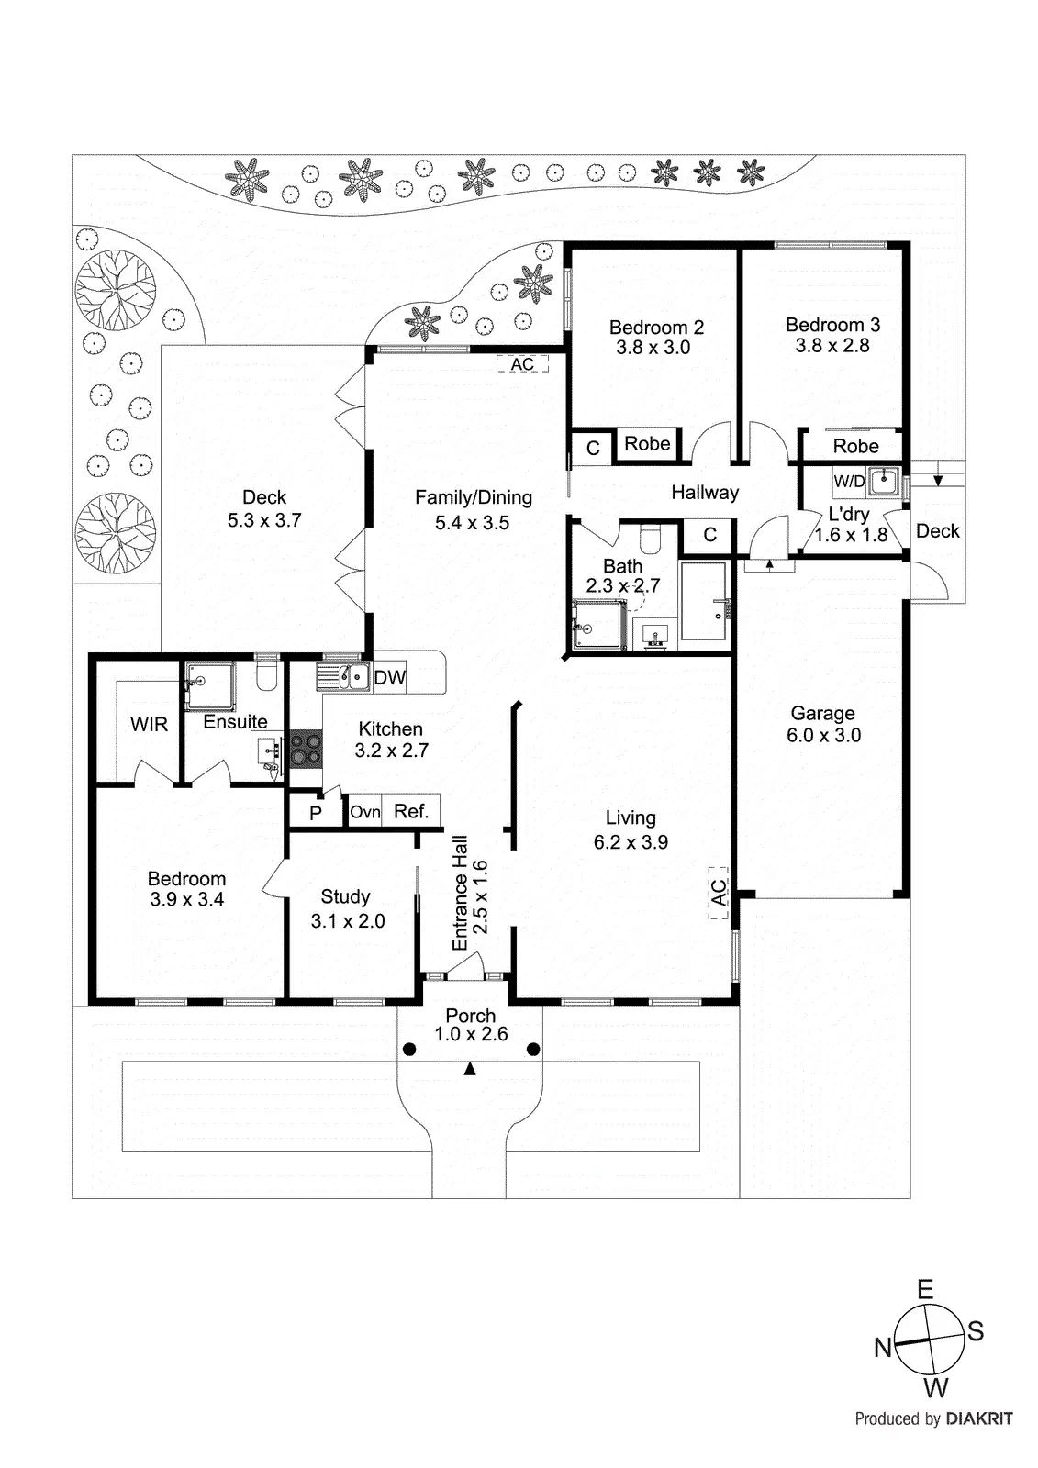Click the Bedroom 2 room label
click(x=656, y=327)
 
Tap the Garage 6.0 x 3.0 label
click(x=823, y=724)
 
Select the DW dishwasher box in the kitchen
click(x=389, y=677)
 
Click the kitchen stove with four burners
click(x=307, y=748)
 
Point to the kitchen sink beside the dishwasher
click(x=343, y=677)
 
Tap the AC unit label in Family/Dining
click(x=522, y=363)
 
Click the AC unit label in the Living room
click(x=720, y=893)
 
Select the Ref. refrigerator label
click(x=410, y=811)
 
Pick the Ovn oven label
click(x=364, y=812)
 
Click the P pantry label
click(x=316, y=813)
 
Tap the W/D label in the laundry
click(x=849, y=481)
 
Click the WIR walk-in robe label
click(x=149, y=724)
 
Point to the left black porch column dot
click(x=409, y=1050)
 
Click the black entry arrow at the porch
click(x=470, y=1069)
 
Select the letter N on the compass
click(x=883, y=1348)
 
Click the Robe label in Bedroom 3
click(x=855, y=446)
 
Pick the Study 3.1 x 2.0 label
click(x=348, y=908)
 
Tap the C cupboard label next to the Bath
click(x=709, y=536)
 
